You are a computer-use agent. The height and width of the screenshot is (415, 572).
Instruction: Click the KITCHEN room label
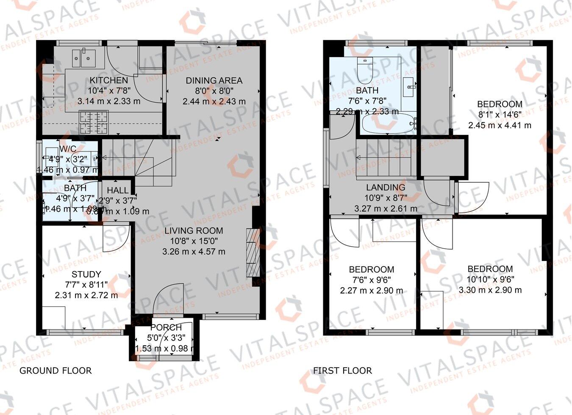(108, 80)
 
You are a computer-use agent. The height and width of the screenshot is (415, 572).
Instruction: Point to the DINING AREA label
(214, 80)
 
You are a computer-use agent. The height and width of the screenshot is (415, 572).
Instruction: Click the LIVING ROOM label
(194, 231)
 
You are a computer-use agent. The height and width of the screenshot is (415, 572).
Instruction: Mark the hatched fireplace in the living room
(253, 253)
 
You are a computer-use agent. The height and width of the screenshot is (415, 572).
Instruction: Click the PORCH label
(166, 328)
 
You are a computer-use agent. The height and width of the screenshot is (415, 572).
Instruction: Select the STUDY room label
(86, 274)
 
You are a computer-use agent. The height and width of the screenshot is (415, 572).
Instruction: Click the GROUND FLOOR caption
(56, 371)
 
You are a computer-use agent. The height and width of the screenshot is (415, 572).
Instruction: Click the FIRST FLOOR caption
(342, 371)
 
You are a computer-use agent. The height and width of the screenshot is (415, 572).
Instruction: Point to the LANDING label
(386, 187)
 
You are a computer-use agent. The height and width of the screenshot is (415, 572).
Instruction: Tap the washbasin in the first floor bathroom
(408, 87)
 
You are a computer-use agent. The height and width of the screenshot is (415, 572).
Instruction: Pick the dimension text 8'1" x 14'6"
(500, 115)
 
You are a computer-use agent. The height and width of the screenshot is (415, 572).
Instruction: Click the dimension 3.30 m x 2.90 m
(490, 290)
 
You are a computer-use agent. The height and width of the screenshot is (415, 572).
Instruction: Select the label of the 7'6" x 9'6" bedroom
(372, 269)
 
